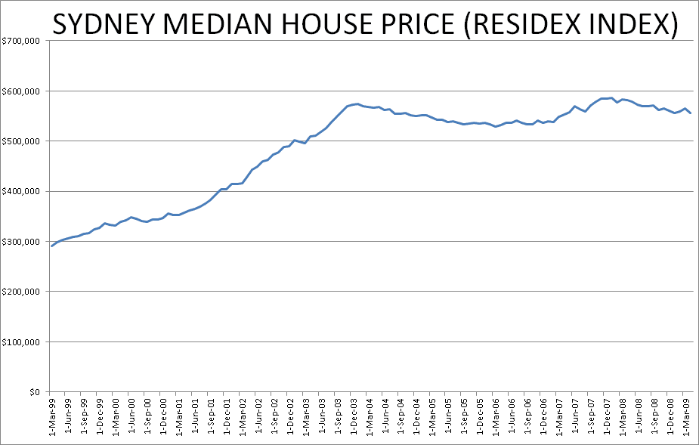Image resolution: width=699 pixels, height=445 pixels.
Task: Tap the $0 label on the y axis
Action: tap(33, 392)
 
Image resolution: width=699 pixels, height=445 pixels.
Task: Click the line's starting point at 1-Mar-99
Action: tap(52, 246)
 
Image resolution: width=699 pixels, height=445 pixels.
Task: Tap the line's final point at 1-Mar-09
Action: tap(691, 113)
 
